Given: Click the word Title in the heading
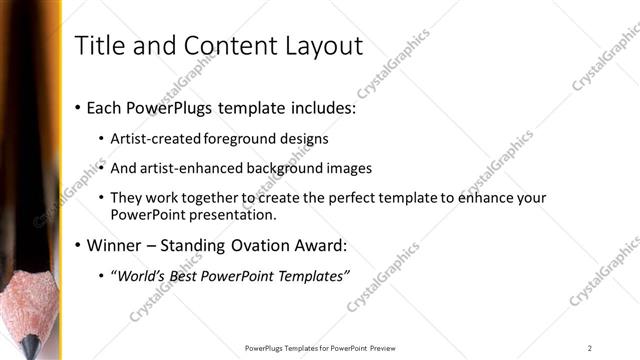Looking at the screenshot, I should point(99,45).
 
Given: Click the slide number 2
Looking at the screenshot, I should point(589,348).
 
